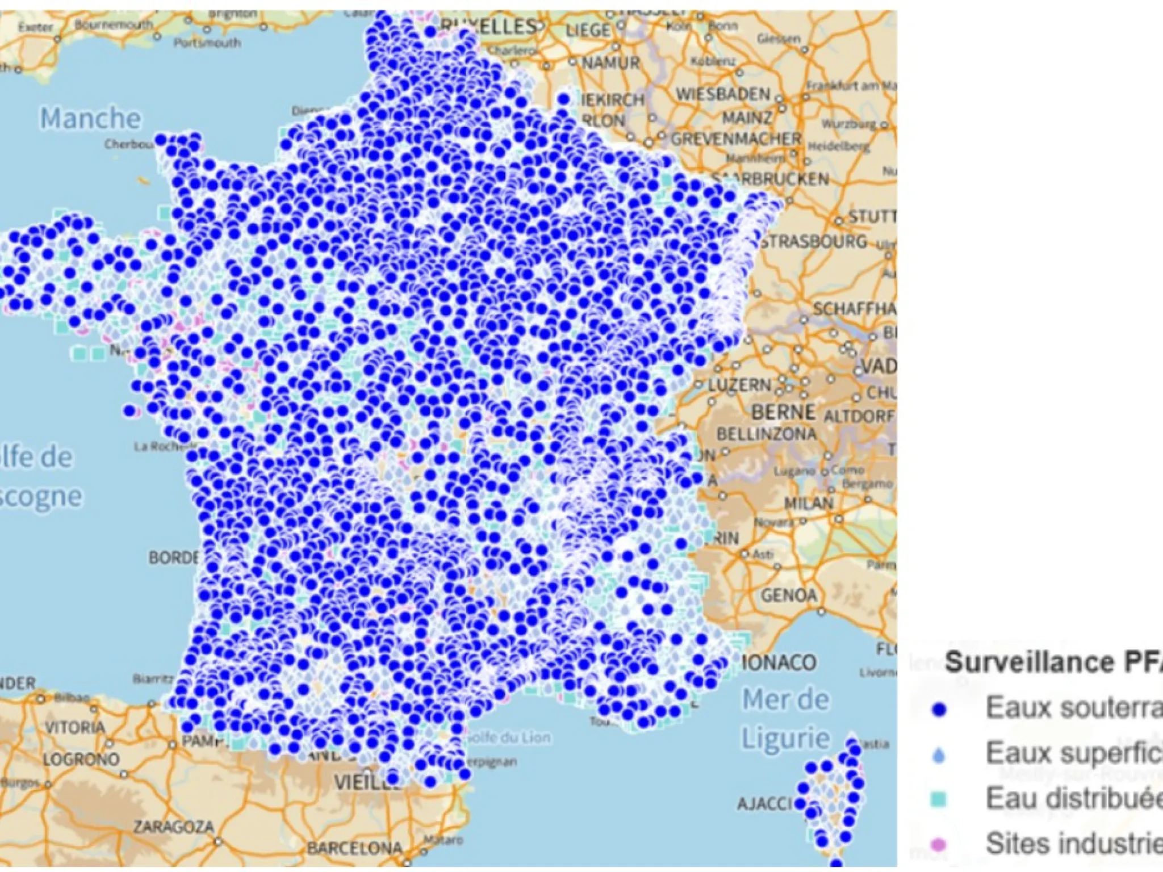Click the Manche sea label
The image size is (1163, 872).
pos(90,119)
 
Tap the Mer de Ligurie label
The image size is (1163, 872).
pos(786,718)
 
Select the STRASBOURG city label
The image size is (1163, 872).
pos(814,242)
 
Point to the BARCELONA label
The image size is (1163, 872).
pos(354,848)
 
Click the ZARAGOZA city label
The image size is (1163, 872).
pos(174,827)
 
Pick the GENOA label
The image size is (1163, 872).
pos(789,596)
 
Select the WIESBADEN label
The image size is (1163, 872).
pos(722,94)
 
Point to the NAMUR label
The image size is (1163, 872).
pos(610,62)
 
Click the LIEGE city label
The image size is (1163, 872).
pos(588,30)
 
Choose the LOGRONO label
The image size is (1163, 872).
pos(81,759)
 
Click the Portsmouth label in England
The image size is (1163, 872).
pos(207,43)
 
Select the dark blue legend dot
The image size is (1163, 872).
pos(940,709)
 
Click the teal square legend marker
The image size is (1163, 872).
pos(939,799)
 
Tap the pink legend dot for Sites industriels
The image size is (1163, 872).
pos(939,845)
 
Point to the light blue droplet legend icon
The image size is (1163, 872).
pos(939,754)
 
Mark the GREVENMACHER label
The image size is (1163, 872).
pos(736,139)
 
